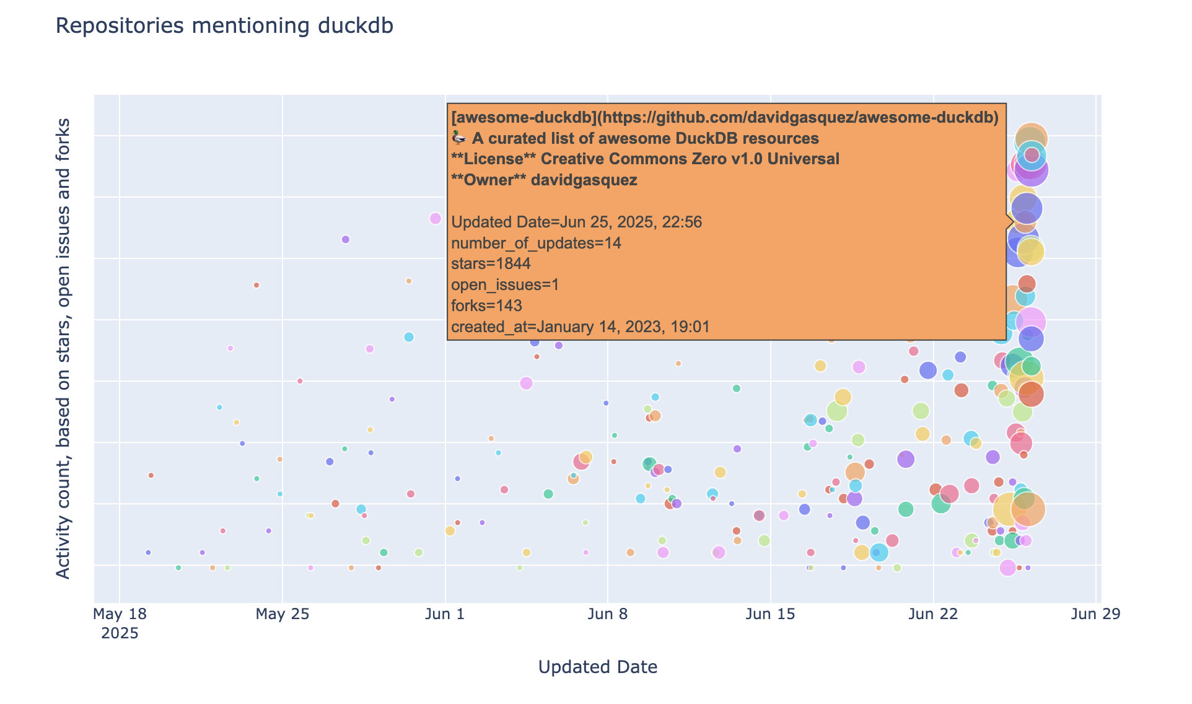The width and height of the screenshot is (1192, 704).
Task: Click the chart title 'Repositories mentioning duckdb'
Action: point(224,26)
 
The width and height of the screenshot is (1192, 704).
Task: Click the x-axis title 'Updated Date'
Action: point(597,667)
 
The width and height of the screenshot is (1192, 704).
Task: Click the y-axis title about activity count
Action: point(63,348)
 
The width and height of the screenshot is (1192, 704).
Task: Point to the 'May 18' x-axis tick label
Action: point(120,615)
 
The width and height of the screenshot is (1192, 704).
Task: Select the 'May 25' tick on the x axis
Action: point(282,615)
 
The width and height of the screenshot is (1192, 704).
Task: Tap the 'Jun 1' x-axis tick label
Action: point(445,615)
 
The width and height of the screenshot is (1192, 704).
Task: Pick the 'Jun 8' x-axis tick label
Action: point(608,615)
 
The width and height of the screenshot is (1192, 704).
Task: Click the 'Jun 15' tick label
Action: point(770,615)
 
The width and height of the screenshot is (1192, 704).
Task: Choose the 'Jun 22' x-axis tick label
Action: point(933,615)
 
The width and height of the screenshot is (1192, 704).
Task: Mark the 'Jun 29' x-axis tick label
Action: point(1095,615)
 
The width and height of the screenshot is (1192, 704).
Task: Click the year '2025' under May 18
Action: point(120,633)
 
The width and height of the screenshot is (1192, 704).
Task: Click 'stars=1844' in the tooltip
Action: point(491,264)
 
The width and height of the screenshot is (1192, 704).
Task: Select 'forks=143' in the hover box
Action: point(486,306)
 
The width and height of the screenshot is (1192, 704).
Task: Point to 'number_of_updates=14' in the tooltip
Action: point(536,243)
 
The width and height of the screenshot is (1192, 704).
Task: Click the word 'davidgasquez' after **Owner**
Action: point(584,180)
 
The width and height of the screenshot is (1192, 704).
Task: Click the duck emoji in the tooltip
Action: point(458,138)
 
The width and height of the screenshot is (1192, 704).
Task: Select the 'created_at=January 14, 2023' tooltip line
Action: point(580,327)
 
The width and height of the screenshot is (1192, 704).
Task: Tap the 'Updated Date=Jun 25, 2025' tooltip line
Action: point(576,222)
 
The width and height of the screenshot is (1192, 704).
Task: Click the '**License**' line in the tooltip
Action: point(645,159)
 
